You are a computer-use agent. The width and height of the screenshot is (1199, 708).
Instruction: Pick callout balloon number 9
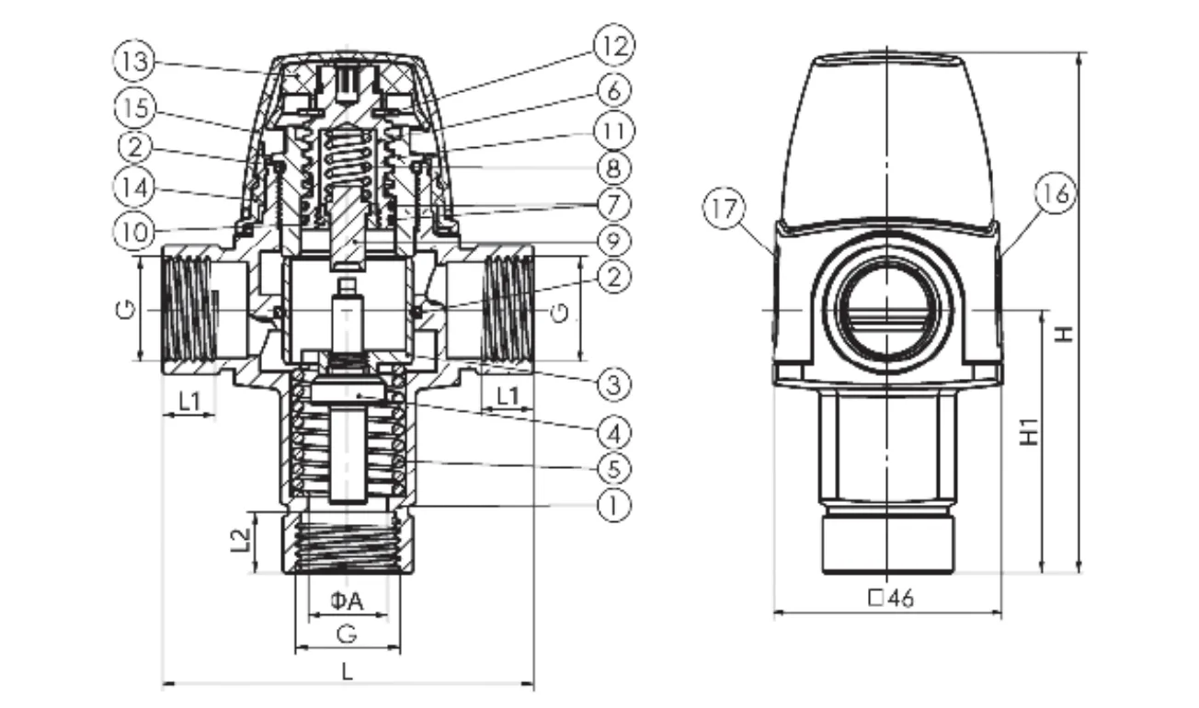coord(614,241)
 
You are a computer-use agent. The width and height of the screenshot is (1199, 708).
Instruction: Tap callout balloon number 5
coord(614,468)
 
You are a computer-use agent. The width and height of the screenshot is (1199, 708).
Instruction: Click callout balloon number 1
coord(614,504)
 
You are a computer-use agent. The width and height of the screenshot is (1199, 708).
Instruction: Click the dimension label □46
coord(890,598)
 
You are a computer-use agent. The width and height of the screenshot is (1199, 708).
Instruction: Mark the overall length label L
coord(347,670)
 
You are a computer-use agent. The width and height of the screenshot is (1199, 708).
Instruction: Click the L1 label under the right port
coord(506,398)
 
